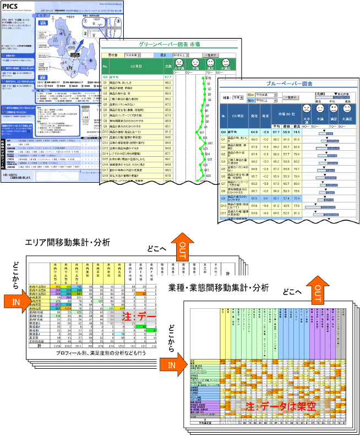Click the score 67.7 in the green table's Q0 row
168,77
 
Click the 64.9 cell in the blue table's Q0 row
254,132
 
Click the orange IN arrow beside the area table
15,302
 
